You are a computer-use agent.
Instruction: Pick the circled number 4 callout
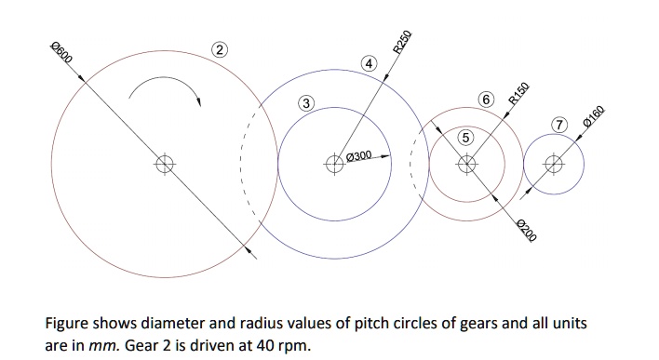(x=370, y=64)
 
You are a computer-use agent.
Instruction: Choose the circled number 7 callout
(x=558, y=126)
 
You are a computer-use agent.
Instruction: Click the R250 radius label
(x=402, y=43)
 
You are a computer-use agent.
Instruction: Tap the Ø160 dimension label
(x=595, y=121)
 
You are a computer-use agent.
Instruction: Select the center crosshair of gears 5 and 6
(x=467, y=165)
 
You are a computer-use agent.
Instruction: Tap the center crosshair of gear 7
(x=555, y=165)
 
